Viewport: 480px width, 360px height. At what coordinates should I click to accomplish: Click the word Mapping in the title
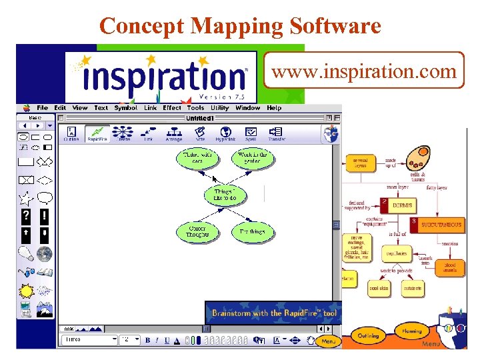pos(232,26)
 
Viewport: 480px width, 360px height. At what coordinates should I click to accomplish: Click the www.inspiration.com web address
pos(364,71)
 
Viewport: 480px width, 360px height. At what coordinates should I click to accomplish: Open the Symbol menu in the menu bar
pos(125,108)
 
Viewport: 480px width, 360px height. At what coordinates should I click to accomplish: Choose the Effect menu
pos(172,108)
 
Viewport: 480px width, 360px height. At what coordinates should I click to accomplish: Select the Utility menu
pos(219,108)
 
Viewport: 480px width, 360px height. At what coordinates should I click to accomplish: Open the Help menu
pos(274,108)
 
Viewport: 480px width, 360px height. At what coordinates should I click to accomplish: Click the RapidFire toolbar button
pos(98,133)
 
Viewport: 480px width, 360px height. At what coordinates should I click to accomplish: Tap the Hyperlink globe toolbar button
pos(225,133)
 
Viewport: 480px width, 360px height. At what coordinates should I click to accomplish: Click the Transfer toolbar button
pos(276,133)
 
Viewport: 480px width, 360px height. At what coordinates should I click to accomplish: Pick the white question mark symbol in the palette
pos(26,216)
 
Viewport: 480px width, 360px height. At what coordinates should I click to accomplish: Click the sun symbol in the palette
pos(27,291)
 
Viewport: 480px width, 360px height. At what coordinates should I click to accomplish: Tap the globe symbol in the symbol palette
pos(45,253)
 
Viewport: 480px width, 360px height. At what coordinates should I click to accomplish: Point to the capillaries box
pos(395,253)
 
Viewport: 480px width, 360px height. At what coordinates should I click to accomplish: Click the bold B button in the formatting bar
pos(148,340)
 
